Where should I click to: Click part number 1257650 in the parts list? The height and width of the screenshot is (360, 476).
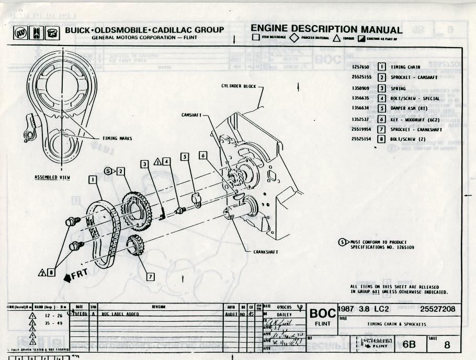click(361, 67)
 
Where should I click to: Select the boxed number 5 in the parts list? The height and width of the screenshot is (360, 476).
click(382, 108)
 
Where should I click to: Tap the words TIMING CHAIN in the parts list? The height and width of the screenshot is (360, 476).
click(405, 67)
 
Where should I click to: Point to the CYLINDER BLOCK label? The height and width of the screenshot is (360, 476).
click(239, 86)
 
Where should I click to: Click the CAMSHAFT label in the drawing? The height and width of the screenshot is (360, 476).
click(191, 115)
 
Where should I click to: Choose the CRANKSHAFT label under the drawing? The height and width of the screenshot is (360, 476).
click(266, 252)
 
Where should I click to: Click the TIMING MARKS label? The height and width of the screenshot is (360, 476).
click(117, 139)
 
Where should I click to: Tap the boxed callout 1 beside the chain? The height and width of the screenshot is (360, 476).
click(93, 179)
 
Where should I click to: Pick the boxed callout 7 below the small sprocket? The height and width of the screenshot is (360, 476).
click(151, 276)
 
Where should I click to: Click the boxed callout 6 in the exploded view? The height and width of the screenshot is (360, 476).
click(203, 155)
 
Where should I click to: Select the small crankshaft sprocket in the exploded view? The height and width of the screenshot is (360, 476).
click(135, 244)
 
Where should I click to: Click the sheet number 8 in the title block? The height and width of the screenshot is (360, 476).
click(446, 345)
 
